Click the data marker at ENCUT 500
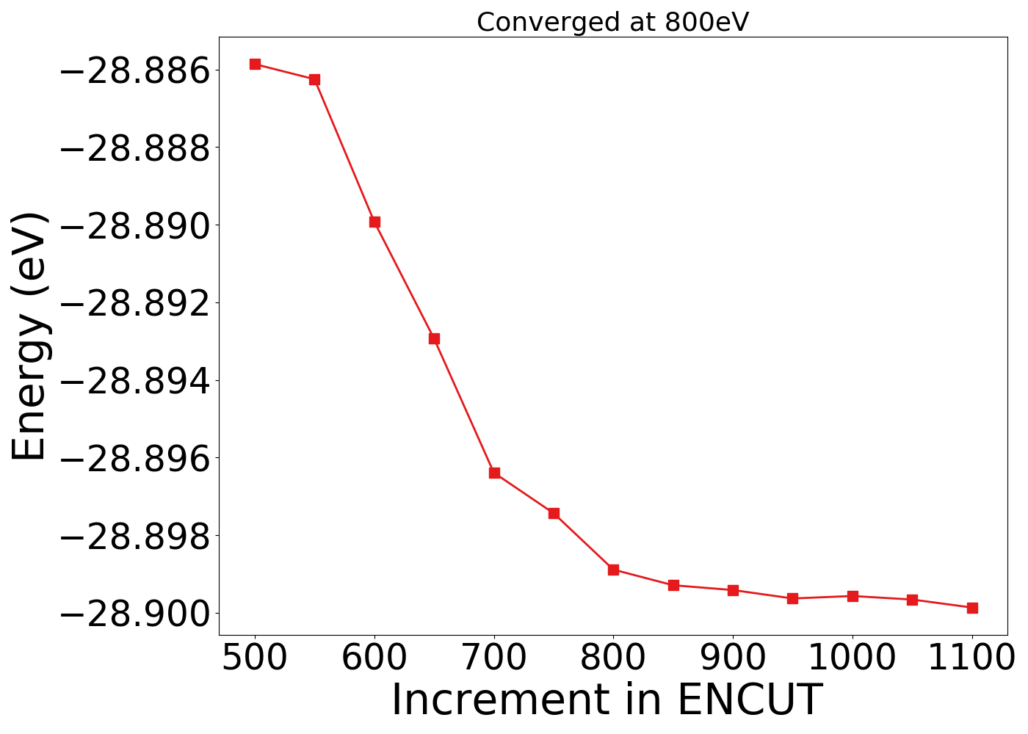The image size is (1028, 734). point(255,64)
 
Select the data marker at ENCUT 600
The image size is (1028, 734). point(374,222)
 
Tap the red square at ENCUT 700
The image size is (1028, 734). point(494,473)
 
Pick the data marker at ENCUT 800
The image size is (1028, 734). point(613,570)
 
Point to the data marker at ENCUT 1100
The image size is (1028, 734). point(972,608)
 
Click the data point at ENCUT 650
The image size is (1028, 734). point(434,338)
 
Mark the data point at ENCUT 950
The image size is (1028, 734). point(792,598)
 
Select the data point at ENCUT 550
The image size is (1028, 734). point(314,79)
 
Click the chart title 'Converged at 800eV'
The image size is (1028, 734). point(612,22)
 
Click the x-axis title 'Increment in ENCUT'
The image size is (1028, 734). point(606,700)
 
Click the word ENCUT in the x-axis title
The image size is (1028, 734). point(748,700)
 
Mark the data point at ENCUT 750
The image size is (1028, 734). point(554,513)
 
